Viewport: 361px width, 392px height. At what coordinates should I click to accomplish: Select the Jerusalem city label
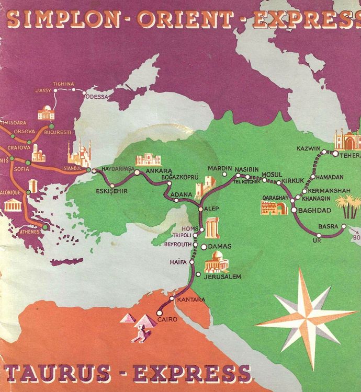coord(222,276)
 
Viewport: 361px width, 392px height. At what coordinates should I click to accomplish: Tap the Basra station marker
coord(344,226)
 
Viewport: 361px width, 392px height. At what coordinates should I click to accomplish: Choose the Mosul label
coord(271,174)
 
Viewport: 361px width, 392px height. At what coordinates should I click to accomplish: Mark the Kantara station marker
coord(172,298)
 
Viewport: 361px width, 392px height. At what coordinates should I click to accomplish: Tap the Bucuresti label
coord(58,132)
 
